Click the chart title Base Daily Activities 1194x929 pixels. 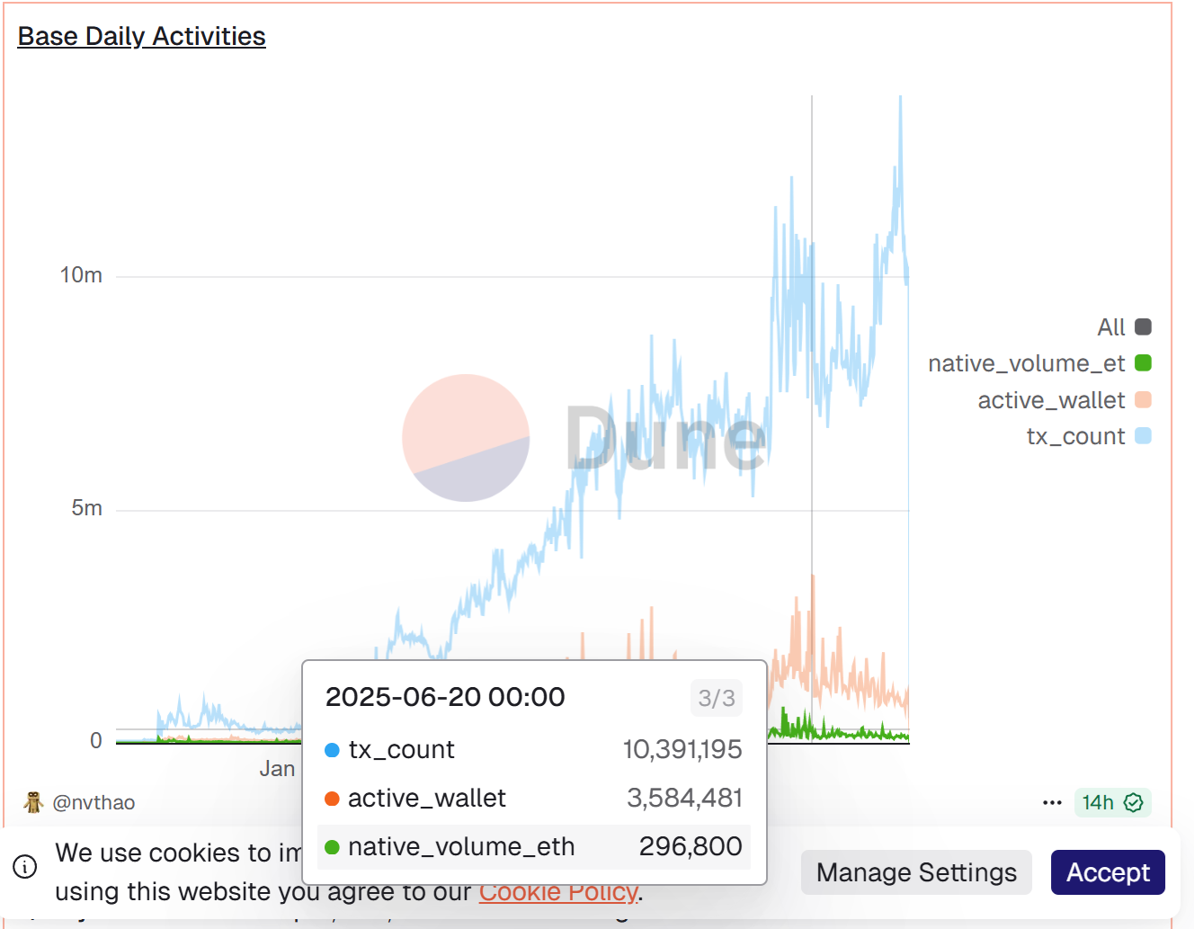pyautogui.click(x=141, y=36)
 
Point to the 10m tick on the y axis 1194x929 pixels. pyautogui.click(x=81, y=275)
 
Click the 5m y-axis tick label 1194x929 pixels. pyautogui.click(x=86, y=508)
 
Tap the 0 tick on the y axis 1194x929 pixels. pyautogui.click(x=96, y=741)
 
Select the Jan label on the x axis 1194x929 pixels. pyautogui.click(x=277, y=769)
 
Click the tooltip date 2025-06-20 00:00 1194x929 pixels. pyautogui.click(x=445, y=697)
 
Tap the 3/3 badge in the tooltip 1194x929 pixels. pyautogui.click(x=717, y=698)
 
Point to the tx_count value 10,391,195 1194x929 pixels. pyautogui.click(x=682, y=749)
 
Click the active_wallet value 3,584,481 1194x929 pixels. pyautogui.click(x=684, y=798)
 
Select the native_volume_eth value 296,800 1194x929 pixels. pyautogui.click(x=691, y=846)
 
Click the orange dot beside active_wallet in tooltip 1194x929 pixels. pyautogui.click(x=332, y=799)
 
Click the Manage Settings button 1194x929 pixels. pyautogui.click(x=916, y=872)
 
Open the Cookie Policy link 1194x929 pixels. pyautogui.click(x=558, y=892)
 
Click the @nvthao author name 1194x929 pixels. pyautogui.click(x=94, y=802)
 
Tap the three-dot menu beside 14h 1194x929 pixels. pyautogui.click(x=1052, y=802)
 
